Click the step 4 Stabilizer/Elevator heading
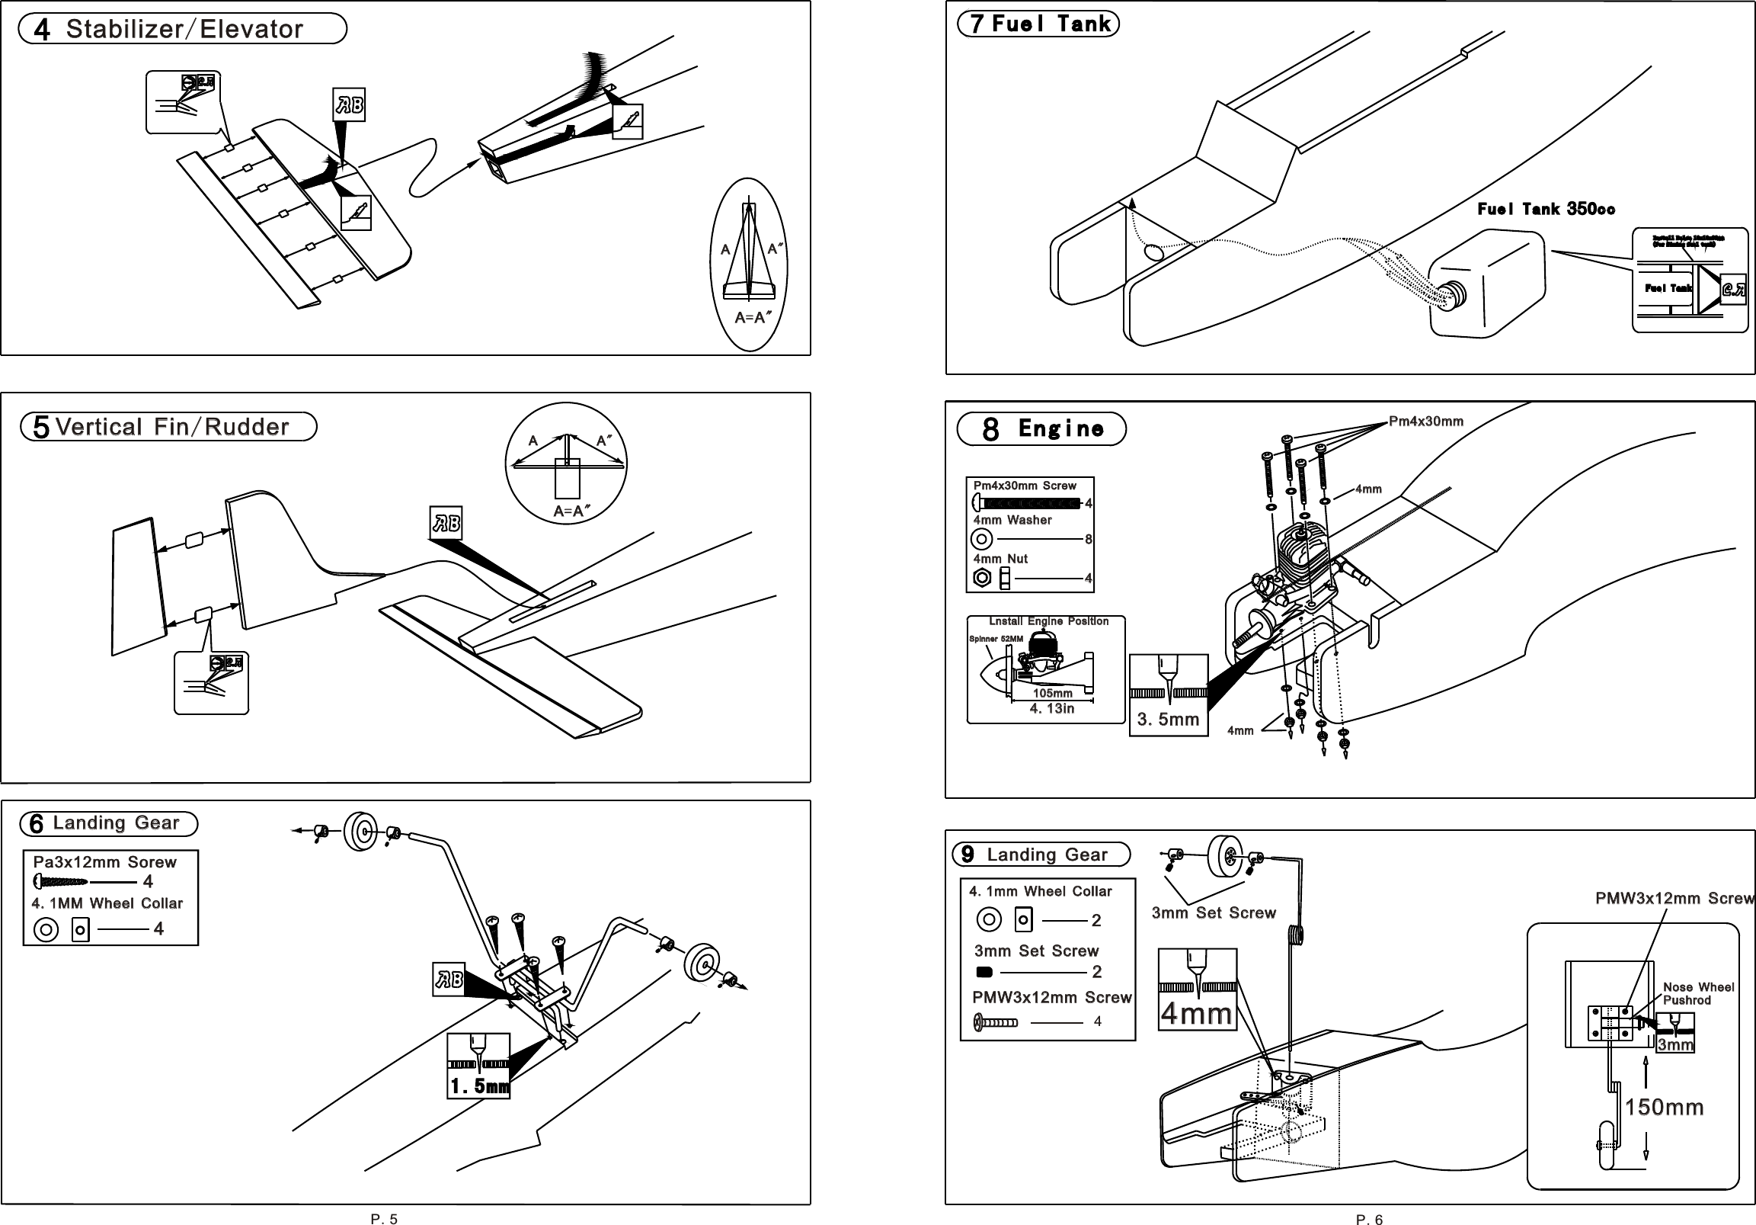(183, 29)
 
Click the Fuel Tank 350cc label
(1546, 209)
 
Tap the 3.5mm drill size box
(1168, 694)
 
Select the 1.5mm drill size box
(478, 1066)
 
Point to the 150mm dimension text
(1665, 1107)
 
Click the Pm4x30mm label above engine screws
(1425, 422)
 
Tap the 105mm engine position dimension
(1052, 693)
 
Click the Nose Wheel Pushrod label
(1698, 993)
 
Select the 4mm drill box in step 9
(1197, 989)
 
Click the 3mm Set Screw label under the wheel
(1214, 912)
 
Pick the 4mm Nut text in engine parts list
(1000, 559)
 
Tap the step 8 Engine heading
(1041, 428)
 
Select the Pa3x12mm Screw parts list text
(105, 862)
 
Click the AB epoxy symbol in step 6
(448, 980)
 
